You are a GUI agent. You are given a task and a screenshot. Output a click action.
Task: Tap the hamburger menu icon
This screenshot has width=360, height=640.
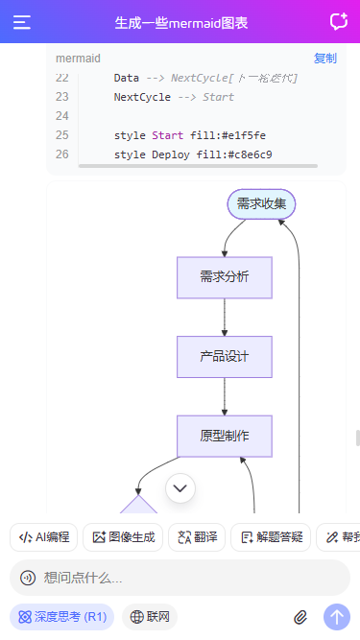coord(22,22)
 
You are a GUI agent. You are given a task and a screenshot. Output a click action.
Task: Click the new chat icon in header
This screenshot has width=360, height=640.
coord(338,22)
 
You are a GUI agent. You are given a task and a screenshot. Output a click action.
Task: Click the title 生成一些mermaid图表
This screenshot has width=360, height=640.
coord(180,22)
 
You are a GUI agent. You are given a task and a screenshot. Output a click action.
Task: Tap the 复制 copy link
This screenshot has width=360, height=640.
coord(325,59)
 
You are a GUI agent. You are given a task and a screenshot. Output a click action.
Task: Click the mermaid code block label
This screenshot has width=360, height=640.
coord(78,59)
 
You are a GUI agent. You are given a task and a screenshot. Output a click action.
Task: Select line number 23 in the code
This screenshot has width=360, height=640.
coord(62,97)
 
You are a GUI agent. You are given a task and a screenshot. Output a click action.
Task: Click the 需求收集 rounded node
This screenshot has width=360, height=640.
coord(261,204)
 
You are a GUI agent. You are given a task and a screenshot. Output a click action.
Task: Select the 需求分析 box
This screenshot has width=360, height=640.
coord(225,277)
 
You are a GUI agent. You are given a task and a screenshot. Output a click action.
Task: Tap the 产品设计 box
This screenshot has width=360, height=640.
coord(225,356)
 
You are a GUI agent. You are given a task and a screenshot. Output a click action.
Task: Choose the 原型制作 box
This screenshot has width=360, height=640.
coord(225,436)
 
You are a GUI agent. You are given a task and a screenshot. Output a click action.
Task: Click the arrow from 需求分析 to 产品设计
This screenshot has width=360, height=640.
coord(225,317)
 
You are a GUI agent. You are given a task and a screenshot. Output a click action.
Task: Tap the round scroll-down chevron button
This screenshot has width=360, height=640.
coord(180,488)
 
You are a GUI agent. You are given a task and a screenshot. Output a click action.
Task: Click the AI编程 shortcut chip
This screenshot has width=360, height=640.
coord(44,537)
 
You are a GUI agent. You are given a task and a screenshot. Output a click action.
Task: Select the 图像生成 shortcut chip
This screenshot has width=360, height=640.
coord(123,537)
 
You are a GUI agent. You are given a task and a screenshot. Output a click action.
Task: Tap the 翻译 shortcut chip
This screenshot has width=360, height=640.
coord(197,537)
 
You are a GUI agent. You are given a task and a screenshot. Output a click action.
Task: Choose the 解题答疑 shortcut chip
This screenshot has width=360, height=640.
coord(272,537)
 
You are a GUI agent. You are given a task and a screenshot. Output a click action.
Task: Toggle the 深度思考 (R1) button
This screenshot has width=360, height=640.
coord(62,617)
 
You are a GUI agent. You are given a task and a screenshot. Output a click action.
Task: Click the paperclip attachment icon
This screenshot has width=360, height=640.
coord(300,617)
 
